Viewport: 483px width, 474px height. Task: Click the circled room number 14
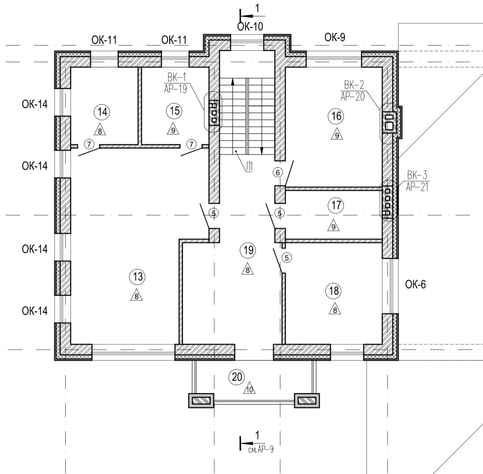(x=102, y=112)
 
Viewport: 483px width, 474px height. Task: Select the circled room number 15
(x=174, y=111)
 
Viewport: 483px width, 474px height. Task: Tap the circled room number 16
(x=336, y=116)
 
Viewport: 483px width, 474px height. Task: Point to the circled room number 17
(x=336, y=205)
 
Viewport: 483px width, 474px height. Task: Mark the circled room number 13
(x=137, y=277)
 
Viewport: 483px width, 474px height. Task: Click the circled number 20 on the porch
(x=237, y=377)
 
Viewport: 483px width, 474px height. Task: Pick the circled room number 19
(x=248, y=250)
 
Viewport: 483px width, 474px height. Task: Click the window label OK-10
(x=250, y=27)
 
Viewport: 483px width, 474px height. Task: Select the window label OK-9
(x=335, y=38)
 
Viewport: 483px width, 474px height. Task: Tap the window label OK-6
(x=415, y=285)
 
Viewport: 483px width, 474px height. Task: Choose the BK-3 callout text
(x=417, y=181)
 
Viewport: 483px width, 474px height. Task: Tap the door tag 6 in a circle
(x=278, y=172)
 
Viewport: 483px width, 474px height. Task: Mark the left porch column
(x=200, y=400)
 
